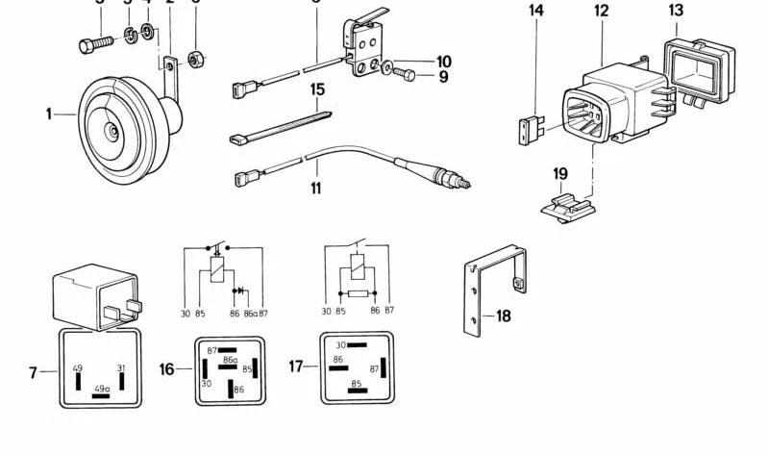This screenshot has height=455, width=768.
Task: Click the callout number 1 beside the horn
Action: pos(48,114)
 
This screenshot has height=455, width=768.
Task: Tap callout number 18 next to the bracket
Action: pos(503,315)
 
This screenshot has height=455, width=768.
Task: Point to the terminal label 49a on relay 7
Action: pos(100,389)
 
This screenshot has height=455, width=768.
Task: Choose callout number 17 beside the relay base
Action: pos(296,367)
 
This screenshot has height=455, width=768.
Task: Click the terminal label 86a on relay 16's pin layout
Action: pos(230,360)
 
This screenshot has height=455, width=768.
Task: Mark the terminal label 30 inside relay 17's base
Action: pos(340,344)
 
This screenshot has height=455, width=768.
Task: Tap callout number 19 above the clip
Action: pos(561,173)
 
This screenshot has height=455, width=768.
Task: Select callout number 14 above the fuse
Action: pos(536,11)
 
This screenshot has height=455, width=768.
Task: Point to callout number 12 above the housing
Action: pos(601,11)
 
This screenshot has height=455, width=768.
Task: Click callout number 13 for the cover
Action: pos(677,10)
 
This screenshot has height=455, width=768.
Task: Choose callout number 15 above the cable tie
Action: pos(316,89)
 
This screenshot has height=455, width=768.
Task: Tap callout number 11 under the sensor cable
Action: pos(316,187)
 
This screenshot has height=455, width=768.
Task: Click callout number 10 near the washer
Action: pos(443,62)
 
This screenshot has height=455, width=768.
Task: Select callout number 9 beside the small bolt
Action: pos(443,77)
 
